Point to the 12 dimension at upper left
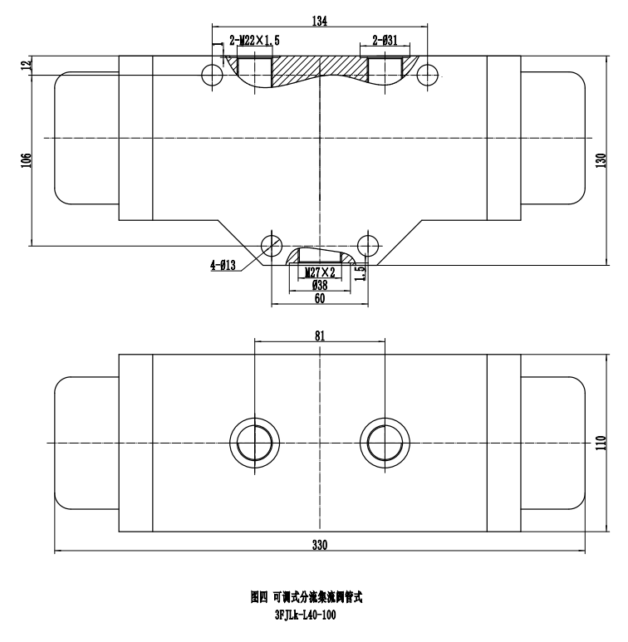(26, 65)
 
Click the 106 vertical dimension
(26, 158)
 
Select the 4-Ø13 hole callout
(223, 265)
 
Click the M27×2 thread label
(320, 272)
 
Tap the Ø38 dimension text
(320, 284)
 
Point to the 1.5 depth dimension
(361, 272)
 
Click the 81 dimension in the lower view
(320, 335)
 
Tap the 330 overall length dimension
(320, 545)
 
